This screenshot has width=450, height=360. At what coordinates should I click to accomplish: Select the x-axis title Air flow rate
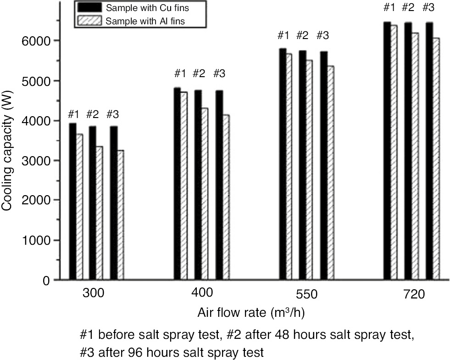[251, 313]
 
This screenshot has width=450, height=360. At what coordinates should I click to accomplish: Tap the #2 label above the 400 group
[199, 73]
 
